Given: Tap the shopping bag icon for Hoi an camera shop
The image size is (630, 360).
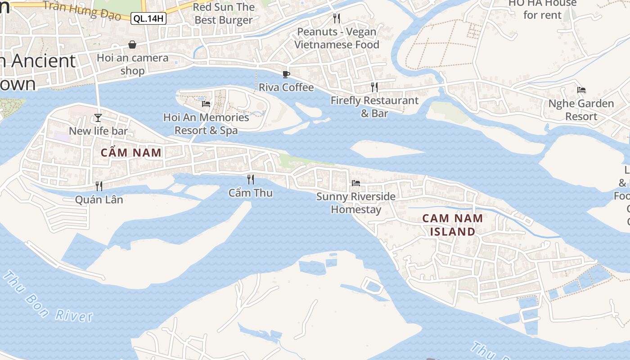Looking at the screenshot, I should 132,45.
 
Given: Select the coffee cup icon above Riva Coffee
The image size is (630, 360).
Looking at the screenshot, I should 286,74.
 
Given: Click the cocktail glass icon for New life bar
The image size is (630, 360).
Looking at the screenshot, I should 98,118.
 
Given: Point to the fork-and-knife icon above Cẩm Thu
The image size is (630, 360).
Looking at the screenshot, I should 251,180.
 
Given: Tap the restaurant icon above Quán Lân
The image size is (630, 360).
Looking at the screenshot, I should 99,186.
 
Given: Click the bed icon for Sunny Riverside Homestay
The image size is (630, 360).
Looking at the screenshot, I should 356,183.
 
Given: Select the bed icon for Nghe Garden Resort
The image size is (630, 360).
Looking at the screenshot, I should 581,90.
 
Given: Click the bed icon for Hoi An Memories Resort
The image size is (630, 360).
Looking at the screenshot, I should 206,104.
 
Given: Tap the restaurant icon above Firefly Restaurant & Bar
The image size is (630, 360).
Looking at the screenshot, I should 374,87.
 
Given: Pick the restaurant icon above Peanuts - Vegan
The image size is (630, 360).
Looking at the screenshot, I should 336,18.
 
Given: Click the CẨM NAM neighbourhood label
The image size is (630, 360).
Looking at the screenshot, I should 131,153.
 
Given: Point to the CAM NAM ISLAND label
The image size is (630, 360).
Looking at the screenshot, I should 453,225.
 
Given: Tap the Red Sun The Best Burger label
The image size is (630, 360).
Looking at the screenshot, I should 224,13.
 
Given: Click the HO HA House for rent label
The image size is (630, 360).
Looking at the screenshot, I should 542,9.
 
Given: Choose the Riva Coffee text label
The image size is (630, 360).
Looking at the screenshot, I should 286,87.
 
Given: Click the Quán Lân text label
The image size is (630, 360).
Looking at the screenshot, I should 99,199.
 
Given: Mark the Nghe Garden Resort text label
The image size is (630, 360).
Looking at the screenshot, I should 581,110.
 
